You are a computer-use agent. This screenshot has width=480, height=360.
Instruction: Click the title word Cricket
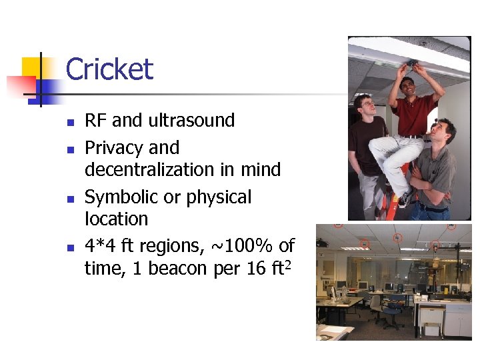click(109, 70)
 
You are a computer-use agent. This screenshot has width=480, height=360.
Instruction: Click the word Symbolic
click(123, 197)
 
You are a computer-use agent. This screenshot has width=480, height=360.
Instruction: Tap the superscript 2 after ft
click(290, 263)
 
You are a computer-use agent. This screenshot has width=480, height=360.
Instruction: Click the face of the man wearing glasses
click(365, 106)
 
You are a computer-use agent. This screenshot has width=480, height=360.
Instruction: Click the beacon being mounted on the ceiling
click(412, 63)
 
